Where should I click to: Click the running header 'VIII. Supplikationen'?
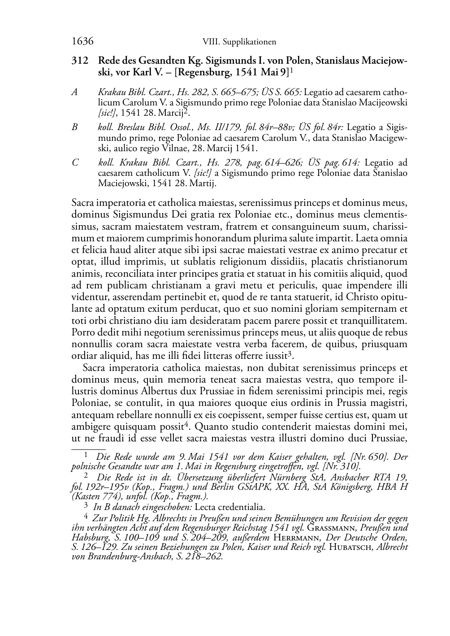[239, 42]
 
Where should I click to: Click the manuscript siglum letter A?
[75, 92]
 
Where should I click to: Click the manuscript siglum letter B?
[74, 127]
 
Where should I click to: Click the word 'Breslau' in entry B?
[132, 127]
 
